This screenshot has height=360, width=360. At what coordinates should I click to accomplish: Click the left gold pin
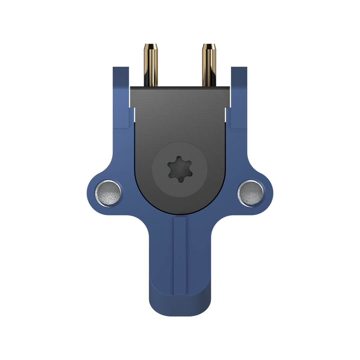[x=151, y=67]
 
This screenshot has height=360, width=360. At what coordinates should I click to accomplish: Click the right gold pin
[x=209, y=67]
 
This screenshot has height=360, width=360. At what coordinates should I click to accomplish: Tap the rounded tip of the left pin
[x=151, y=46]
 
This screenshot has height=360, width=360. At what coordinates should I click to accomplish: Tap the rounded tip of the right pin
[x=209, y=46]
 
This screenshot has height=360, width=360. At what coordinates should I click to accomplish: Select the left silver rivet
[x=108, y=193]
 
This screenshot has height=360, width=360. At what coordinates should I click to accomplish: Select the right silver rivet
[x=251, y=193]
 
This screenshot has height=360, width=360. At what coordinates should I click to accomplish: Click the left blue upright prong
[x=121, y=100]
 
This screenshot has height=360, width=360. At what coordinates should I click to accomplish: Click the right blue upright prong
[x=239, y=100]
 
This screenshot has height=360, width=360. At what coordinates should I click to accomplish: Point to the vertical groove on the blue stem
[x=180, y=257]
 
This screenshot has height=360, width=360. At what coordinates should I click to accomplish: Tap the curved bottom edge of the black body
[x=180, y=213]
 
